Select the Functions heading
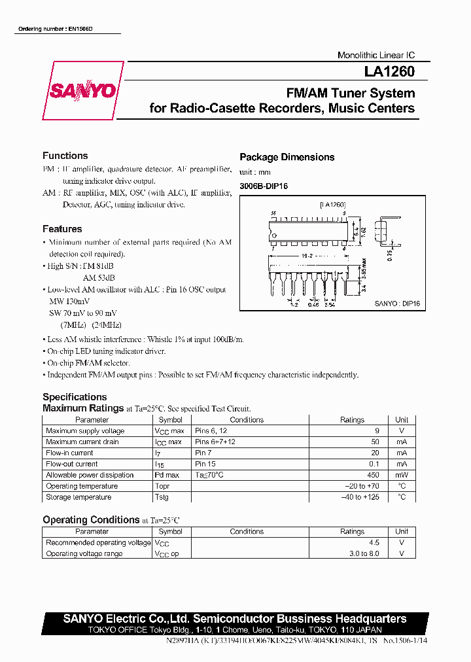click(x=65, y=156)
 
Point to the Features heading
click(x=62, y=229)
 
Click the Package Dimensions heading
click(x=287, y=157)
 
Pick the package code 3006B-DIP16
click(x=263, y=186)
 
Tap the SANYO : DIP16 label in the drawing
click(x=397, y=305)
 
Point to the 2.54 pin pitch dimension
click(x=330, y=305)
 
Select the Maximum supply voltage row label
click(x=85, y=431)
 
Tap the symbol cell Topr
click(x=162, y=486)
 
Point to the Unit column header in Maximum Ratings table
click(x=402, y=420)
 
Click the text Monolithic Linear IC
click(x=375, y=56)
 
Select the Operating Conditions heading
click(x=91, y=520)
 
